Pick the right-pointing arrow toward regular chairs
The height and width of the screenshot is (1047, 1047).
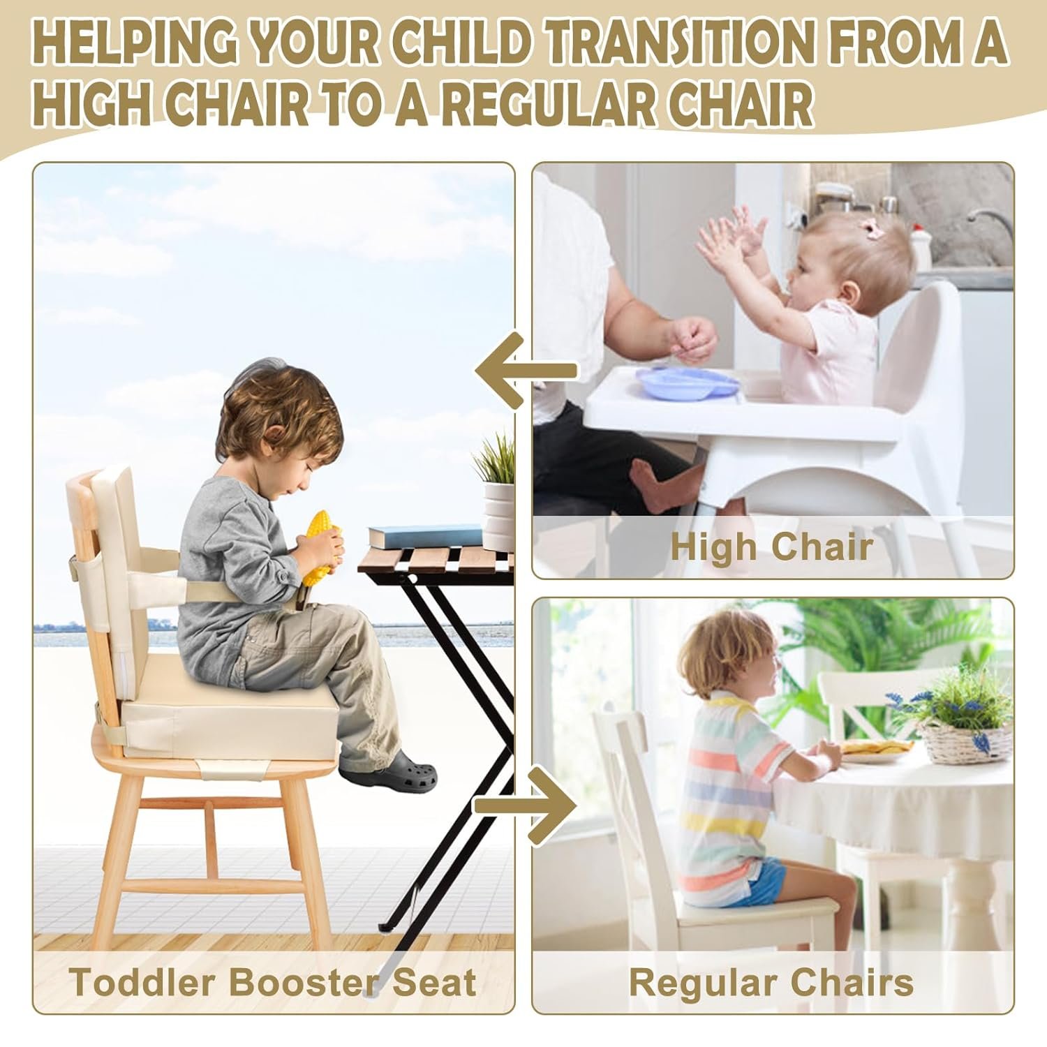[x=526, y=805]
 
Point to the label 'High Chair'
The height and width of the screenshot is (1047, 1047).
[x=771, y=547]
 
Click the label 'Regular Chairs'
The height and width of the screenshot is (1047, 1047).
[x=771, y=983]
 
